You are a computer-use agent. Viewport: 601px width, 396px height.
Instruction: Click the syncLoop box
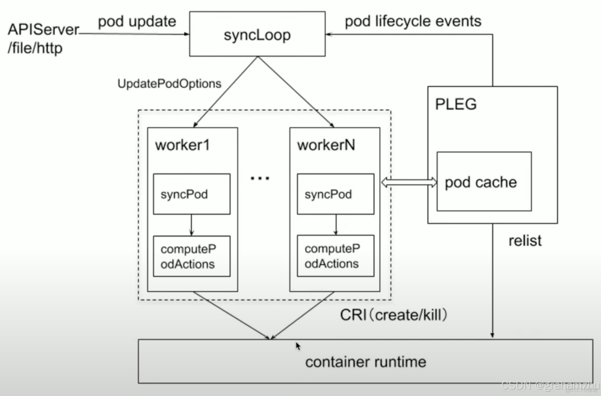pos(257,35)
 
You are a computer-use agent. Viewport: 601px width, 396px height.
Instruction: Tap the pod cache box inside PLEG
pos(484,181)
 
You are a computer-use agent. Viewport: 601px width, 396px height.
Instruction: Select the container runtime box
pos(365,361)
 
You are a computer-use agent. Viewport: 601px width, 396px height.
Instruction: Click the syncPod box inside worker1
pos(191,194)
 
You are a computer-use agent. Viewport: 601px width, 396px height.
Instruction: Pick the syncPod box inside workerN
pos(335,194)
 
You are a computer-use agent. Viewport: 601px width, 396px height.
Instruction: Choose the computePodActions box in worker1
pos(191,256)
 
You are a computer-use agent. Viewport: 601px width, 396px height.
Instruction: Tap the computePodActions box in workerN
pos(335,256)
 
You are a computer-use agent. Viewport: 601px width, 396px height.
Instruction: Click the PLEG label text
pos(456,105)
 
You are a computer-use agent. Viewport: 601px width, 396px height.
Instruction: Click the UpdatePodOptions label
pos(169,84)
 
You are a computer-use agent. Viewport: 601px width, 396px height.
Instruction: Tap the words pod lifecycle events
pos(413,21)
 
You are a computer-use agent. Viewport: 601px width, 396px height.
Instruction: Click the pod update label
pos(137,21)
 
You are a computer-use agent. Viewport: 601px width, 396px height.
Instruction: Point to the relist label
pos(525,240)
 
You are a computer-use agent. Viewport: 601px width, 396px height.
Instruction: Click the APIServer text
pos(44,30)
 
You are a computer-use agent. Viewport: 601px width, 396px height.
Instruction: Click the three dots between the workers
pos(260,178)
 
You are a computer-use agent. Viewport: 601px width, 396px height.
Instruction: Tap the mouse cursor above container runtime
pos(298,346)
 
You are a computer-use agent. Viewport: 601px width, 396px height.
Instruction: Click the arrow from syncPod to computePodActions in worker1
pos(191,225)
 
